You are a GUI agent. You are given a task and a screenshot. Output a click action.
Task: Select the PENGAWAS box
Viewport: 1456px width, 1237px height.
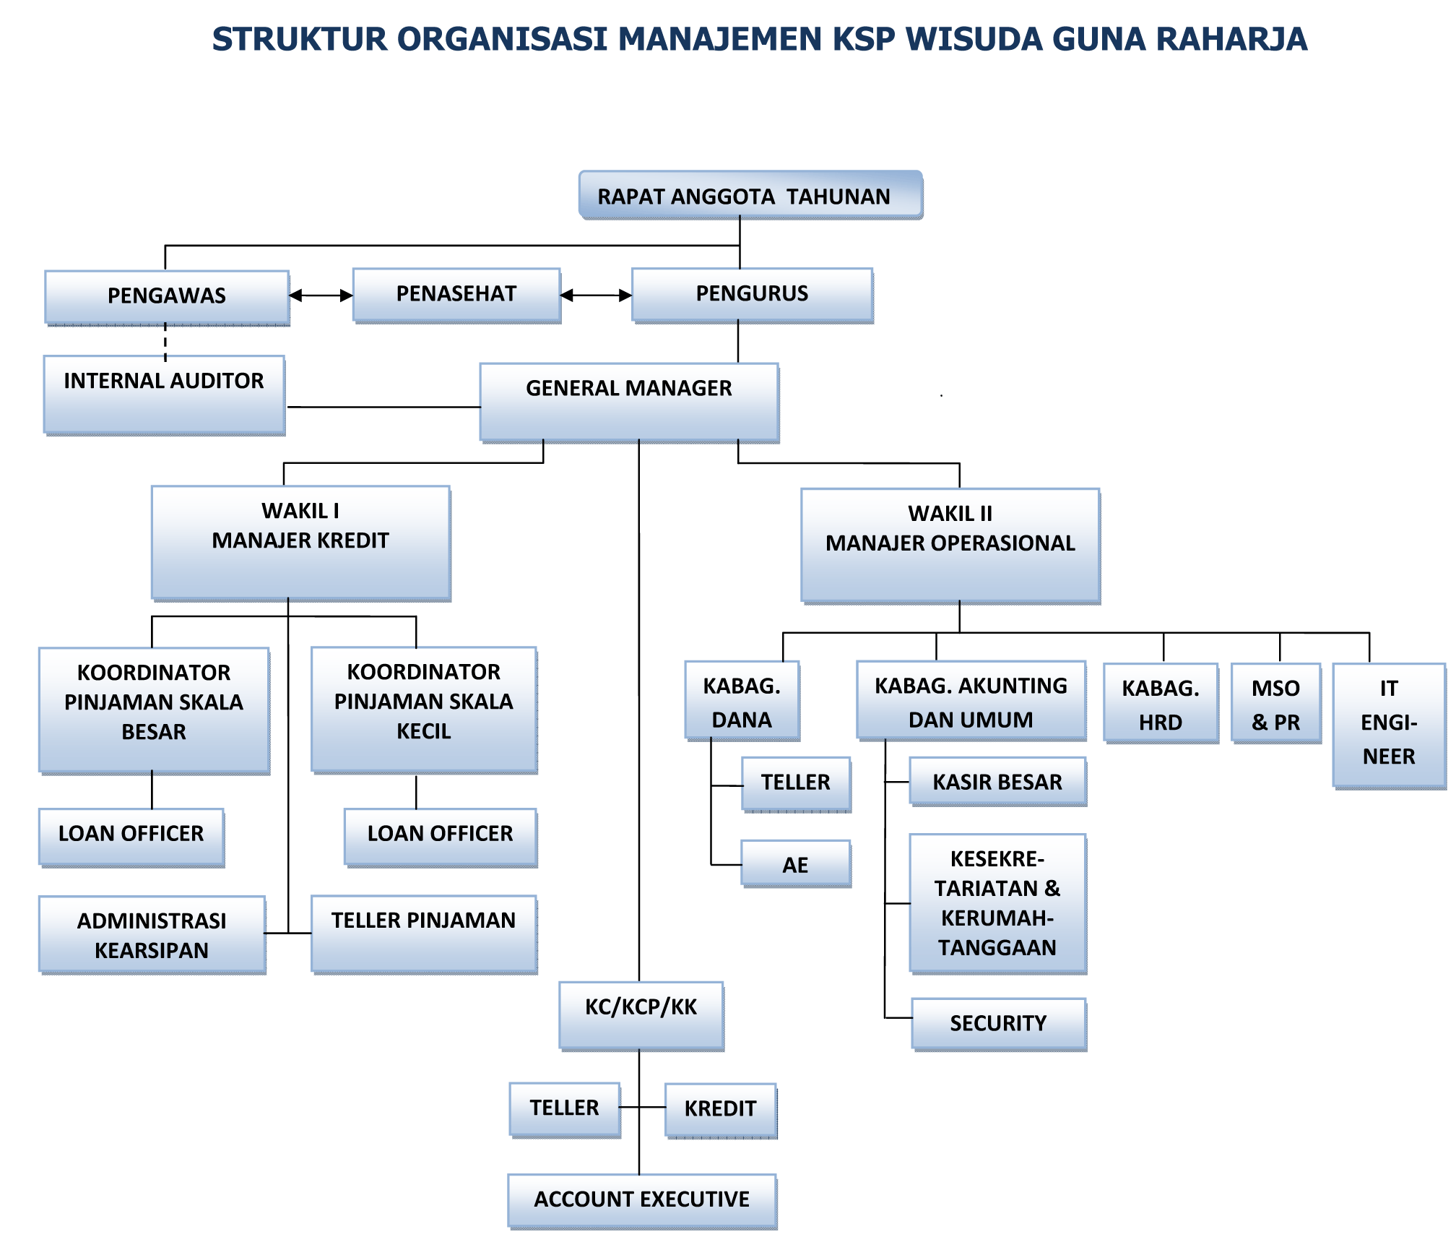(x=167, y=296)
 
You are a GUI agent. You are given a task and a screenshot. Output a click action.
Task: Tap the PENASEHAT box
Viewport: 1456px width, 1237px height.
(x=456, y=294)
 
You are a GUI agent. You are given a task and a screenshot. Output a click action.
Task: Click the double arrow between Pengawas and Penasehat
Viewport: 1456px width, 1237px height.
(x=321, y=296)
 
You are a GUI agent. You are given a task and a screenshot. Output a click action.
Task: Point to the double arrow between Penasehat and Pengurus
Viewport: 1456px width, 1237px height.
(x=596, y=296)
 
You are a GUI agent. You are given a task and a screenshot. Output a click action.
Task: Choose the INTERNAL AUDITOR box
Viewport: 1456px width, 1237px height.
(x=164, y=394)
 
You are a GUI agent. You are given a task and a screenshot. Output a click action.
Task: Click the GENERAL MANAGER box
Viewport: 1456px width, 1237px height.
(x=629, y=401)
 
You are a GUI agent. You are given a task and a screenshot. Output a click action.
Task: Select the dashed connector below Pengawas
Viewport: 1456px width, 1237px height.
(x=165, y=341)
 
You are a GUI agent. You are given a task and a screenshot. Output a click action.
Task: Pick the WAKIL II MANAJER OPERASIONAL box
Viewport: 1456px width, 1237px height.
(x=950, y=545)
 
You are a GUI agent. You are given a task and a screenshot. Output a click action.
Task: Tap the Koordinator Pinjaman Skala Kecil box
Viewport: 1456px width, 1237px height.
(x=424, y=709)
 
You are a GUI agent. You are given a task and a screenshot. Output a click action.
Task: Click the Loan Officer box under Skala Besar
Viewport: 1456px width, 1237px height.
(x=131, y=836)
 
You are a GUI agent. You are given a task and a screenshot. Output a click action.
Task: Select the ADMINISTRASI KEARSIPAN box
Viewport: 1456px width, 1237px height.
(x=152, y=935)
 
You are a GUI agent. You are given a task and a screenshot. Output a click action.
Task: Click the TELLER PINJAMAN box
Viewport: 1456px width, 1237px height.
(x=424, y=933)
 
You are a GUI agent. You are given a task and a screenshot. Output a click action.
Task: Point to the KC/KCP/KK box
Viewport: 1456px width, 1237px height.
(x=641, y=1014)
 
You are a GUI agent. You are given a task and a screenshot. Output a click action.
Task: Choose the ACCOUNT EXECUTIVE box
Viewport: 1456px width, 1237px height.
(x=642, y=1200)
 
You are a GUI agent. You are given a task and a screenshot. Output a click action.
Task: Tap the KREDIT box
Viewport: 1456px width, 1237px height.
(x=721, y=1110)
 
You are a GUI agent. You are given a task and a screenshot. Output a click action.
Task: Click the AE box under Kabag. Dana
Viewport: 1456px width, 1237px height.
(x=796, y=863)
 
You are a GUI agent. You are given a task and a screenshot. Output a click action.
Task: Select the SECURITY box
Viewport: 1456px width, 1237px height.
(x=998, y=1023)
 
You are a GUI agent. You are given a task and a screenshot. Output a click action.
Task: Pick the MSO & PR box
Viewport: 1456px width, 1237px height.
(x=1276, y=703)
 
